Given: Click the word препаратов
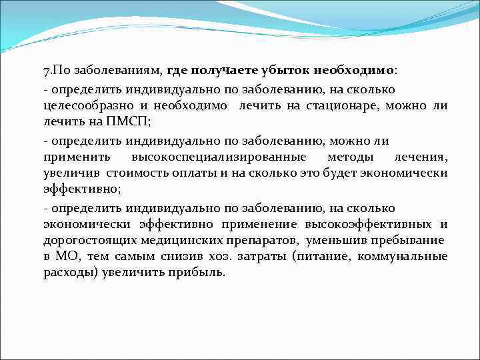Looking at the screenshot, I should pyautogui.click(x=255, y=240).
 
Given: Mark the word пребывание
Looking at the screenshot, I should pyautogui.click(x=411, y=240).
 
